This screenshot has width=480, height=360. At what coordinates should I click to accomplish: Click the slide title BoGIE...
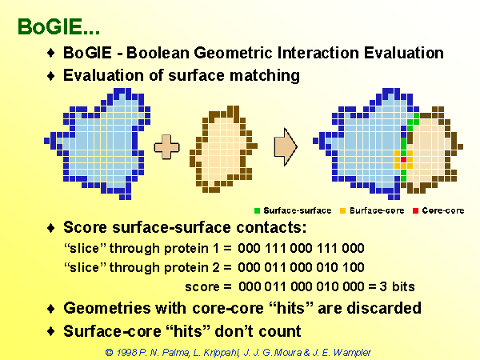pos(58,26)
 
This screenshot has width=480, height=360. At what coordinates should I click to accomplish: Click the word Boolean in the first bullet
pos(158,53)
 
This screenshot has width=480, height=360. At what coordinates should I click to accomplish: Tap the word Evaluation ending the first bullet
pos(404,53)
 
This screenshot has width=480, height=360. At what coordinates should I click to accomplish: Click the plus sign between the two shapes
pos(166,147)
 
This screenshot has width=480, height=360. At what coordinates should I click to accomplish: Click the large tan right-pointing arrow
pos(286,147)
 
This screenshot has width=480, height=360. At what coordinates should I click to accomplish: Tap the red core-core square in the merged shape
pos(403,159)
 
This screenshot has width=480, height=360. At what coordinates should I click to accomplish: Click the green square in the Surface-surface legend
pos(257,210)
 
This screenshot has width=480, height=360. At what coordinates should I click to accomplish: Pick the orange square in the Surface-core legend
pos(343,210)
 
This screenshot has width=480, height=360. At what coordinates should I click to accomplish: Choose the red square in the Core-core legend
pos(415,210)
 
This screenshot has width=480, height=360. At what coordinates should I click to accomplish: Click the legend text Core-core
pos(443,210)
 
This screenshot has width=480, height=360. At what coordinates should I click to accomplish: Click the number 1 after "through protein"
pos(216,248)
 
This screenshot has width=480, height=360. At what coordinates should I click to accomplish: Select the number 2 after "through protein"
pos(216,267)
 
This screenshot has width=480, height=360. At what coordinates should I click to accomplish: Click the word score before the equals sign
pos(202,287)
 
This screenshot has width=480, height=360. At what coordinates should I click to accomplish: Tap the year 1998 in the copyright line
pos(126,352)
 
